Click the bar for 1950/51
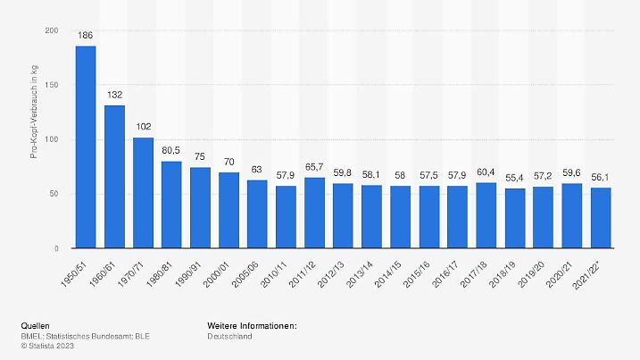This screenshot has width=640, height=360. tap(86, 147)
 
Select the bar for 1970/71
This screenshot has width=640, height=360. tap(143, 192)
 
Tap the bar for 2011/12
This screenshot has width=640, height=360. tap(314, 213)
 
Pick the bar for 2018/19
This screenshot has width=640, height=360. tap(514, 218)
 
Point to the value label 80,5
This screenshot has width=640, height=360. tap(171, 152)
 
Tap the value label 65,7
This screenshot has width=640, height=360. tap(314, 168)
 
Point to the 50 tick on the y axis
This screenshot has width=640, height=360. tap(55, 194)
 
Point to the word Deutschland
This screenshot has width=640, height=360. tap(229, 336)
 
